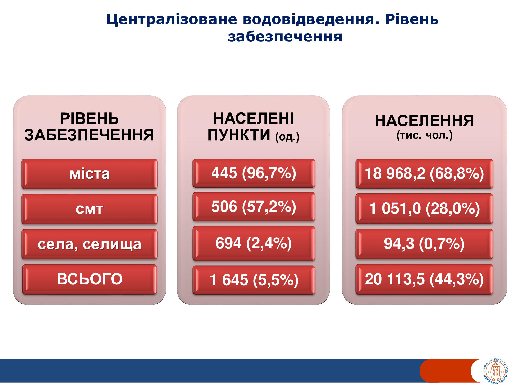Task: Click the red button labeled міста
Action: pyautogui.click(x=89, y=174)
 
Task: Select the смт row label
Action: pyautogui.click(x=89, y=209)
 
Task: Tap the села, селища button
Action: pyautogui.click(x=89, y=244)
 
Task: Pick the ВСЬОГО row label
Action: pyautogui.click(x=89, y=279)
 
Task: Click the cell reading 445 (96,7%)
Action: pyautogui.click(x=254, y=173)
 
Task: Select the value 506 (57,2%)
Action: pyautogui.click(x=254, y=207)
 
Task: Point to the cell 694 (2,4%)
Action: pyautogui.click(x=254, y=243)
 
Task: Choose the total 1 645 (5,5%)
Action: pyautogui.click(x=254, y=280)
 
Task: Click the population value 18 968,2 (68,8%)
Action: pyautogui.click(x=424, y=173)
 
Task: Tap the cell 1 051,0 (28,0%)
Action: pyautogui.click(x=424, y=208)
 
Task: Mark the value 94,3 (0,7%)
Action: pyautogui.click(x=424, y=244)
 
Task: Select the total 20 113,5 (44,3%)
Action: pyautogui.click(x=424, y=279)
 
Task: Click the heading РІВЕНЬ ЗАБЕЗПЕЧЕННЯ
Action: pyautogui.click(x=89, y=127)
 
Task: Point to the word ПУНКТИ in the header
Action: pyautogui.click(x=239, y=135)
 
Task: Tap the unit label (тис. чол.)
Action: pyautogui.click(x=424, y=135)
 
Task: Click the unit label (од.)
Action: pyautogui.click(x=287, y=137)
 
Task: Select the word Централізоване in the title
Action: pyautogui.click(x=172, y=20)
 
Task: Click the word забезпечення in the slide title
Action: pyautogui.click(x=285, y=37)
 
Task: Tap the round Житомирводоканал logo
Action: pyautogui.click(x=495, y=371)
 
